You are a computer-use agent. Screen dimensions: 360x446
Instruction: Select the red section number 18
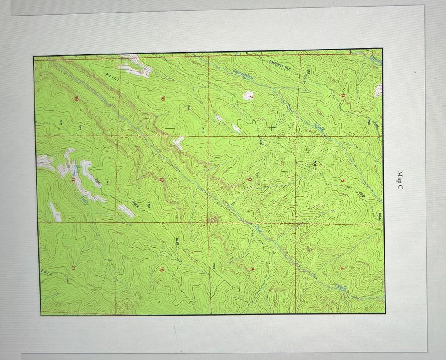pyautogui.click(x=163, y=99)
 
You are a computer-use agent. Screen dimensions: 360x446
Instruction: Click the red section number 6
pyautogui.click(x=343, y=96)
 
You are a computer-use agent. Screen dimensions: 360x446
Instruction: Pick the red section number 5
pyautogui.click(x=343, y=181)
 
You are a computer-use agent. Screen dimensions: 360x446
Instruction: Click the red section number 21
pyautogui.click(x=74, y=266)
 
